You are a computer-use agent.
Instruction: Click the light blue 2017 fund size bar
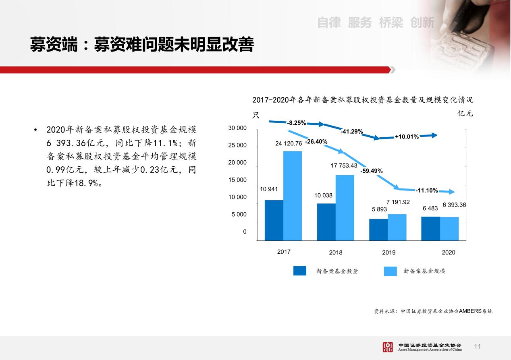293,196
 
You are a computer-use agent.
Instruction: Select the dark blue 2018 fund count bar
326,222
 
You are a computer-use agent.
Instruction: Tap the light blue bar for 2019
397,227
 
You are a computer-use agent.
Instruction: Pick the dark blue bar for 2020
430,228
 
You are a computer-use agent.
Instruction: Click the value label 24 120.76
289,143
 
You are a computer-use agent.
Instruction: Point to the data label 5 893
379,209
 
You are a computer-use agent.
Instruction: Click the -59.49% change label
372,171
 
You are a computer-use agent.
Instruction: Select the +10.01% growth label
407,137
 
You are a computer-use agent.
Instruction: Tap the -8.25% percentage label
296,123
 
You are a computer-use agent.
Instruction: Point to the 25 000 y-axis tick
237,145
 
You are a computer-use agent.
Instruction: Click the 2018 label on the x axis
336,252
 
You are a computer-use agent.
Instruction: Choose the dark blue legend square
300,271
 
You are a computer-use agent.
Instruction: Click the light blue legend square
391,271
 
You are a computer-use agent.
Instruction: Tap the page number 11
477,347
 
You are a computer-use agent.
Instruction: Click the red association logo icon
388,347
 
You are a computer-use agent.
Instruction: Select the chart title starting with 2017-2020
363,100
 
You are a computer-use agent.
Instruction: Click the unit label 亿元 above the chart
465,113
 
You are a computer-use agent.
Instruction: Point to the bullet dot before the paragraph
35,130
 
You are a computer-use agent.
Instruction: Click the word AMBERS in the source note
470,311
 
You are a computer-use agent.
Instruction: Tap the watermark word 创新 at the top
422,23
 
